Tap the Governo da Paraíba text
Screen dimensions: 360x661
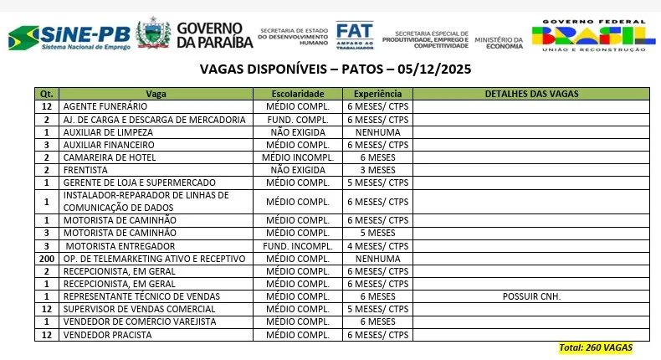coord(209,35)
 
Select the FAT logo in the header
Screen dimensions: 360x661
coord(354,35)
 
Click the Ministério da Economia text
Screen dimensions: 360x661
coord(499,41)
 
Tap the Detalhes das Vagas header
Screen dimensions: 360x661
coord(531,94)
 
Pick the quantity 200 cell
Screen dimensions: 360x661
coord(47,259)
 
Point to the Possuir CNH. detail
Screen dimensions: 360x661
coord(531,296)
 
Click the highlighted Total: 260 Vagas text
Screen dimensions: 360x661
coord(595,347)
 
